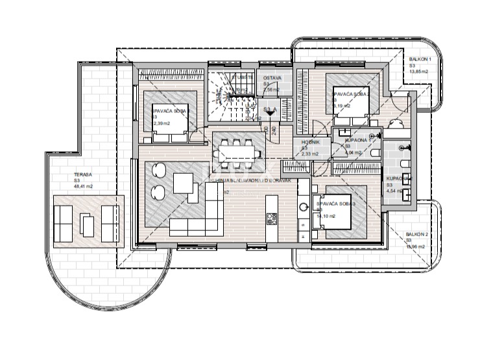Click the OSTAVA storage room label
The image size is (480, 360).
pos(272,78)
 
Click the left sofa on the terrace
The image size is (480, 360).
pos(64,224)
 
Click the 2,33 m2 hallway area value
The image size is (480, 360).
pos(309,154)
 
